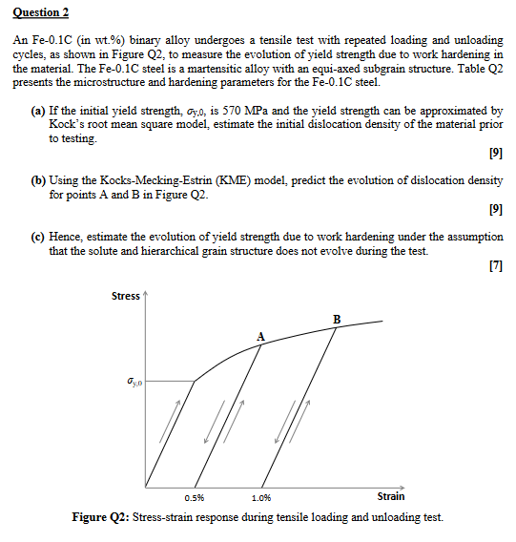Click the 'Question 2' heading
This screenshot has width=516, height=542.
[41, 15]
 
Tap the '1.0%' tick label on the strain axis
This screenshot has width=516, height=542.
[260, 497]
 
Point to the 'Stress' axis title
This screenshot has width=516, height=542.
[126, 296]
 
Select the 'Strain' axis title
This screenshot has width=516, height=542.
[391, 496]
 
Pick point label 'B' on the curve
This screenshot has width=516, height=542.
[336, 318]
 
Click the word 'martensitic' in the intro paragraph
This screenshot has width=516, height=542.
[233, 70]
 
